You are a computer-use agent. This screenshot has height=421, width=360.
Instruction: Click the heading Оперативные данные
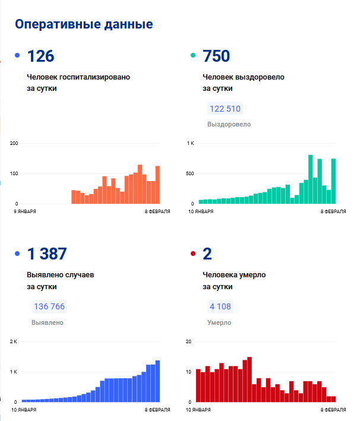pos(84,24)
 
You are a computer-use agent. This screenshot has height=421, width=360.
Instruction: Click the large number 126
pos(40,56)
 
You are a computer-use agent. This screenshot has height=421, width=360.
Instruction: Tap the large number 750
pos(216,56)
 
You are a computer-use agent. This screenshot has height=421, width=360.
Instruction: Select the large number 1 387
pos(47,254)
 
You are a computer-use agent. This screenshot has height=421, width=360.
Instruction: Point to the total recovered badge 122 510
pos(225,109)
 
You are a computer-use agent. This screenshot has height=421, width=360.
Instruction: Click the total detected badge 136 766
pos(49,307)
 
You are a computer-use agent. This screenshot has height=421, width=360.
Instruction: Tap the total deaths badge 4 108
pos(220,307)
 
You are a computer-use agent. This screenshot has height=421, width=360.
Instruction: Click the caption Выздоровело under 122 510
pos(229,124)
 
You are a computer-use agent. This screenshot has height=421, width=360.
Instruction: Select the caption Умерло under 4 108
pos(219,322)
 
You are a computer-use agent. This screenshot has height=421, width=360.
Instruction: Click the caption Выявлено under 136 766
pos(48,322)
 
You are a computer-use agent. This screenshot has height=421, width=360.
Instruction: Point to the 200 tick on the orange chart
pos(14,143)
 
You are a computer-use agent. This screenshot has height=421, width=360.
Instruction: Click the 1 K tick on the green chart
pos(191,143)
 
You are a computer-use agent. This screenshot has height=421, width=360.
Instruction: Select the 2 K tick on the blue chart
pos(15,341)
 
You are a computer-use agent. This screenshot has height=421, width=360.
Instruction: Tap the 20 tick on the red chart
pos(188,341)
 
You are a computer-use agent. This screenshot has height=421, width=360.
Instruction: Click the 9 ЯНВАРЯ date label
pos(26,211)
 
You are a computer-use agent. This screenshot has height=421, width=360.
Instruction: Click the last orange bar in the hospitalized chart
pos(158,185)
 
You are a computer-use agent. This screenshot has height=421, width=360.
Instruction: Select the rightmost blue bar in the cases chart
pos(158,381)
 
